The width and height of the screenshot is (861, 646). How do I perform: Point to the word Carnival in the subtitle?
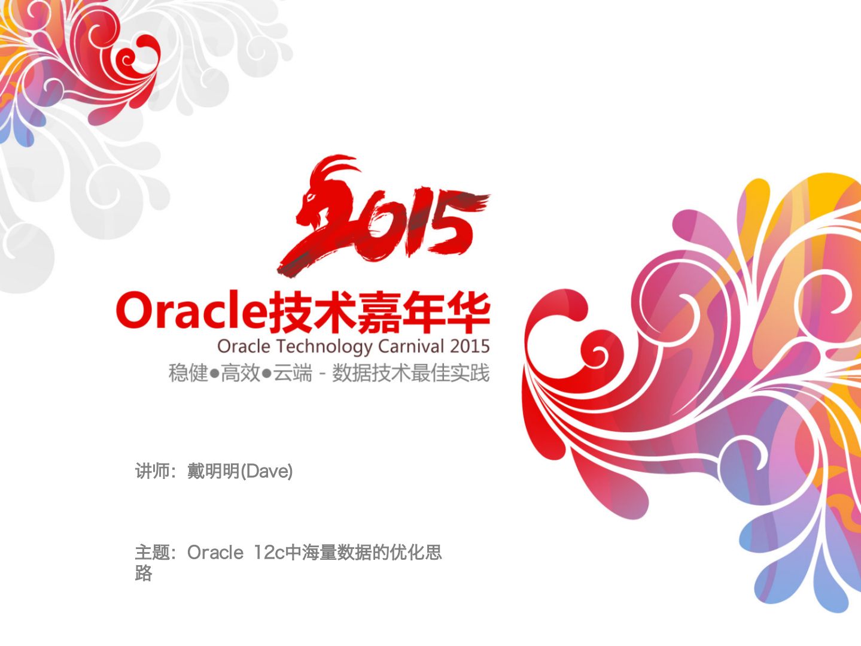[x=412, y=346]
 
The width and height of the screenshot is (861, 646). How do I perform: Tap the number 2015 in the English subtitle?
[x=470, y=346]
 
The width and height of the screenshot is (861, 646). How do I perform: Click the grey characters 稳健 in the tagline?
[x=188, y=373]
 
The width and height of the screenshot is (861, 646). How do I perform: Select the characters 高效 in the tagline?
[x=241, y=373]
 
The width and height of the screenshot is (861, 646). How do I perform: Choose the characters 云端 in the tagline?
[x=293, y=373]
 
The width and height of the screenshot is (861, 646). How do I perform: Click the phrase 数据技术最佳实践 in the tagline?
[x=411, y=373]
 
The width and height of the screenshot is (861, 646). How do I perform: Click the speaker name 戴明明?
[x=214, y=471]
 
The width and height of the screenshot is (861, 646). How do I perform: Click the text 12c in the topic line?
[x=269, y=552]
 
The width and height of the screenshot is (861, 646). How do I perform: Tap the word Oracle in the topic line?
[x=215, y=552]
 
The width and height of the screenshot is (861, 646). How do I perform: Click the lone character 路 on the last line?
[x=144, y=573]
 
